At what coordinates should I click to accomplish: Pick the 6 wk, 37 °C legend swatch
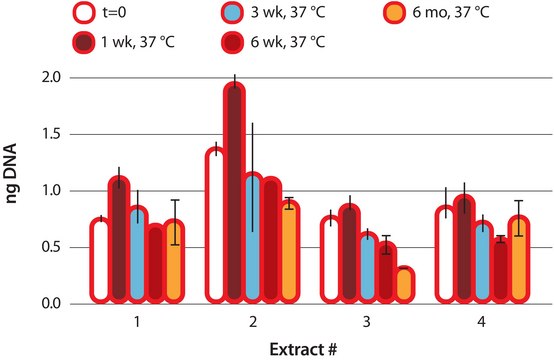[232, 44]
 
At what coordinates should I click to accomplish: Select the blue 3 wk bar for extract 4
[481, 261]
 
